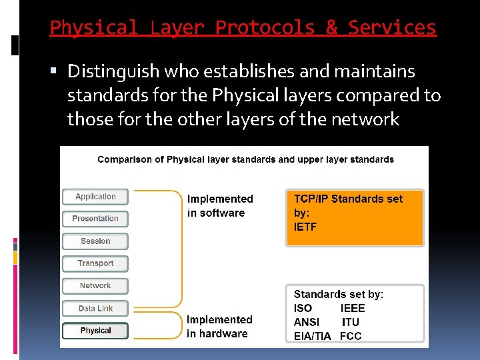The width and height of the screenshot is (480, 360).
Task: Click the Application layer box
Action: pyautogui.click(x=95, y=197)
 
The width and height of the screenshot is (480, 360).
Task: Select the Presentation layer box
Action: pyautogui.click(x=95, y=219)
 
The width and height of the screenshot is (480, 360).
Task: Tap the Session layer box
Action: pyautogui.click(x=95, y=241)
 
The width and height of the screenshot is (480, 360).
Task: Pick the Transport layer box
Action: pyautogui.click(x=95, y=263)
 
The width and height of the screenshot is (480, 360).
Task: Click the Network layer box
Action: pyautogui.click(x=95, y=286)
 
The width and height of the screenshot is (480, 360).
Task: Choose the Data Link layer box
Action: pyautogui.click(x=95, y=309)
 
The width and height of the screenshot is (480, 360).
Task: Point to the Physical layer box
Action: pyautogui.click(x=95, y=331)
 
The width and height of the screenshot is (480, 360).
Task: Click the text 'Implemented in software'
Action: pyautogui.click(x=220, y=206)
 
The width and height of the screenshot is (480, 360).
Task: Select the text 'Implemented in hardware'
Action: pyautogui.click(x=219, y=327)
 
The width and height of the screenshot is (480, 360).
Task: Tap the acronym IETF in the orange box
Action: pyautogui.click(x=305, y=227)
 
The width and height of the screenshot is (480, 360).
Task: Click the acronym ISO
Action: pyautogui.click(x=303, y=308)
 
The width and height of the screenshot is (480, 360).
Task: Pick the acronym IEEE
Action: pyautogui.click(x=353, y=308)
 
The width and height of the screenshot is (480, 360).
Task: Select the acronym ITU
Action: pyautogui.click(x=350, y=322)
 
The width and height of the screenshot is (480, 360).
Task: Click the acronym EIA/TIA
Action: pyautogui.click(x=312, y=336)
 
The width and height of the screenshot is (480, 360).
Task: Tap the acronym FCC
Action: pyautogui.click(x=351, y=336)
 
